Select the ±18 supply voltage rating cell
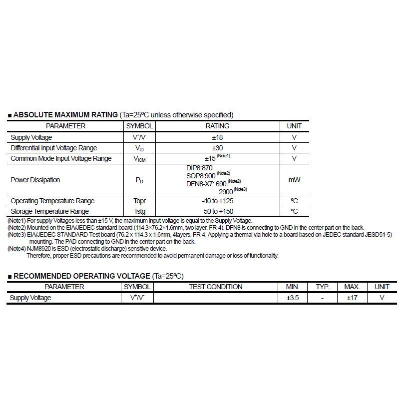[x=217, y=137]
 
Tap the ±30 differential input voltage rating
[x=217, y=148]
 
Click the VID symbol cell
[x=139, y=148]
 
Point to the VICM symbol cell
[x=139, y=159]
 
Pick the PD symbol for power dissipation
[x=139, y=180]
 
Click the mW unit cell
[x=294, y=180]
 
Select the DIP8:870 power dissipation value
[x=199, y=168]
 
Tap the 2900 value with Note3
[x=226, y=191]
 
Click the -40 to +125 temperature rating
[x=217, y=201]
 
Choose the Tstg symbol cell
[x=139, y=211]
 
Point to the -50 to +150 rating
[x=217, y=211]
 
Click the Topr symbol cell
[x=139, y=201]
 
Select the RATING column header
[x=217, y=126]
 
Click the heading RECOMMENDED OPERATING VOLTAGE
[x=81, y=276]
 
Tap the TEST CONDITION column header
[x=216, y=287]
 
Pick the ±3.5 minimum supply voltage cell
[x=292, y=298]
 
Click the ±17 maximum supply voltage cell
[x=352, y=298]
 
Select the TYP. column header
[x=322, y=287]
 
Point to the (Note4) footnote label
[x=16, y=249]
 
